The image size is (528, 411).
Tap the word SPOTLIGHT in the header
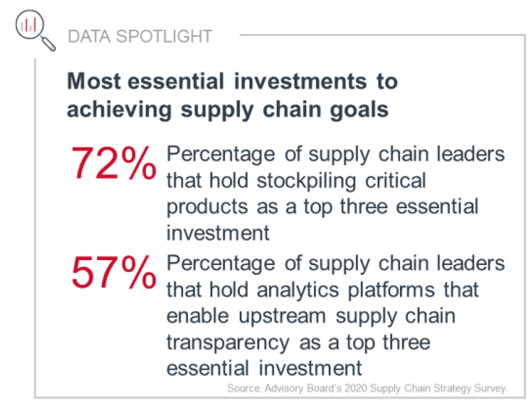point(164,37)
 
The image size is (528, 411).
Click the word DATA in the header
point(89,37)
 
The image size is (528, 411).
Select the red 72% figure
point(114,163)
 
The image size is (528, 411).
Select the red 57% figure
point(114,272)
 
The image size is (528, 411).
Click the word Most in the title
point(94,82)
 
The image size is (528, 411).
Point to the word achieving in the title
point(119,110)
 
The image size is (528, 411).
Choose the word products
point(207,207)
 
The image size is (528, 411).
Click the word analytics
point(298,290)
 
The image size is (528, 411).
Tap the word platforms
point(391,290)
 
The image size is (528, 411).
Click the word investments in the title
point(301,82)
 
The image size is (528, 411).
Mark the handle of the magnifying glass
point(48,43)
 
